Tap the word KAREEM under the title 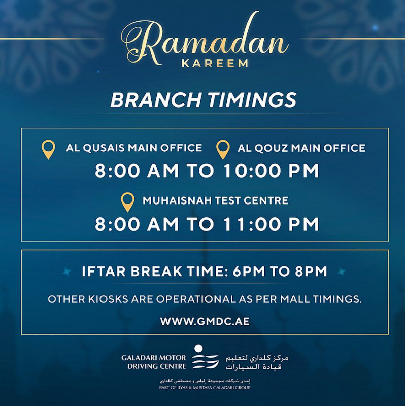(215, 64)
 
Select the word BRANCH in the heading (156, 100)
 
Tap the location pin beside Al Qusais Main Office (48, 149)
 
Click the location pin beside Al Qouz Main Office (223, 149)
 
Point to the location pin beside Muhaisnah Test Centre (128, 202)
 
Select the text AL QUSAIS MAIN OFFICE (134, 148)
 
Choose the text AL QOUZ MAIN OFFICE (301, 148)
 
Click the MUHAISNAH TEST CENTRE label (215, 200)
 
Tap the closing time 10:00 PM (271, 171)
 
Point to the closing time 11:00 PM (271, 224)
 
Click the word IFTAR (104, 272)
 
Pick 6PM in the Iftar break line (249, 272)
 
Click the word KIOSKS (108, 299)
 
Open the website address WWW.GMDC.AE (205, 321)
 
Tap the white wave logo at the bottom (205, 357)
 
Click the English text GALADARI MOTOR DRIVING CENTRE (154, 362)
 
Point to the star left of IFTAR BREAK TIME (67, 272)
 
